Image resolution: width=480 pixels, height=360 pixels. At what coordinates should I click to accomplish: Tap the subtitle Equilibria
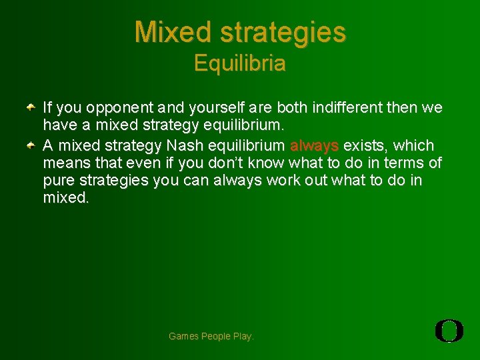240,64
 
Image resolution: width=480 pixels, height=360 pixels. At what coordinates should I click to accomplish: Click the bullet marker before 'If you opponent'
31,107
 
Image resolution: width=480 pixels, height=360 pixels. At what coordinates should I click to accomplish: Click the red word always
314,145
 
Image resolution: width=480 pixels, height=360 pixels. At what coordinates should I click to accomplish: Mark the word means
64,163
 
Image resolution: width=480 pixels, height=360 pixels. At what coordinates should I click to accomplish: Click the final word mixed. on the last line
65,199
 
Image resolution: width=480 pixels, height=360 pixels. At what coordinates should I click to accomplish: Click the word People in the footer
217,337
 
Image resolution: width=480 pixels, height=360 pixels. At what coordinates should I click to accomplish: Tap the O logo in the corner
449,331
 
